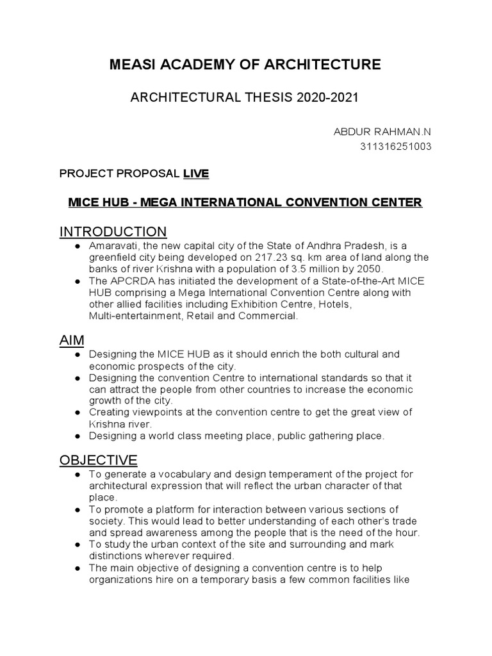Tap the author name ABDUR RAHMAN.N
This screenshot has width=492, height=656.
(382, 131)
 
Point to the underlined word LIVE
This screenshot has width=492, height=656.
(196, 174)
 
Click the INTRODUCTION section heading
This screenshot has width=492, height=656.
(113, 231)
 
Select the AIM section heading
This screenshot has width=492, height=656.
(72, 339)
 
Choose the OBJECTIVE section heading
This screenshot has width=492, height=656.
(98, 460)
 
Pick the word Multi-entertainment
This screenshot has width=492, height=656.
(136, 316)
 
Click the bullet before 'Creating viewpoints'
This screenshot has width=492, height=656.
(78, 412)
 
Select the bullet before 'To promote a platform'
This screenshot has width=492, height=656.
(78, 510)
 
